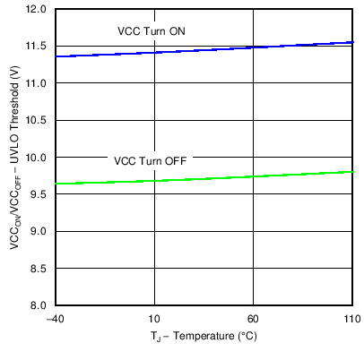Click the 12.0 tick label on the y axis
coord(39,9)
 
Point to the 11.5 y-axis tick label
coord(39,46)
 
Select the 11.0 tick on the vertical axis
coord(39,83)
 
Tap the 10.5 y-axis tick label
coord(39,120)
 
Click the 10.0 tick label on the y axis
coord(39,158)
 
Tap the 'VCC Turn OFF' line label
coord(150,161)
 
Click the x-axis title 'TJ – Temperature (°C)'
coord(204,339)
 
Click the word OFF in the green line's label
coord(173,161)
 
